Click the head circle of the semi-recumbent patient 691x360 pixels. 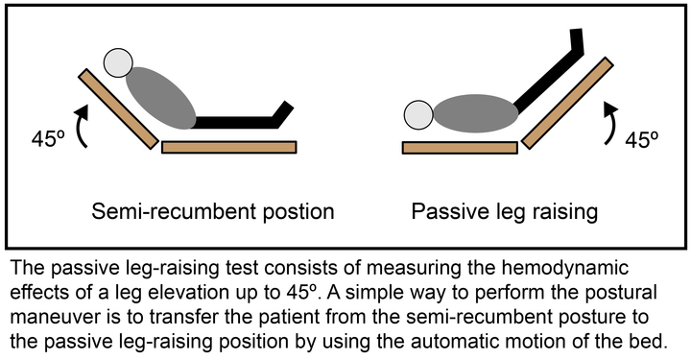point(119,63)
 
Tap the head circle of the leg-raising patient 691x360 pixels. point(418,115)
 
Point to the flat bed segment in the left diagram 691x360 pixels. point(230,147)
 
